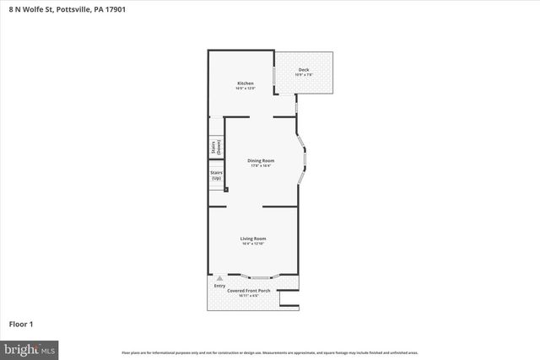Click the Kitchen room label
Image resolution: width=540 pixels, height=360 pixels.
(x=246, y=83)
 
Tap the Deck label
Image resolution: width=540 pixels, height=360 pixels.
(x=304, y=70)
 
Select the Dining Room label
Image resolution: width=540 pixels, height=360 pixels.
(x=260, y=160)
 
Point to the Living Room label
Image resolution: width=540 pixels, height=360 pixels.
(x=253, y=239)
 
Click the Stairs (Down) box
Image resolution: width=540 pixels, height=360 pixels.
(x=216, y=147)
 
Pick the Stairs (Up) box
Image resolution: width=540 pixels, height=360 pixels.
(x=216, y=176)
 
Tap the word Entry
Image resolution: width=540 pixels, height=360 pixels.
(x=219, y=285)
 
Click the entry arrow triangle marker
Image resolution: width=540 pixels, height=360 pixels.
(x=219, y=277)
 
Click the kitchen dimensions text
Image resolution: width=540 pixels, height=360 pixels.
(x=246, y=89)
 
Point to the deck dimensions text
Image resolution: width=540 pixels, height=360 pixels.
(x=304, y=75)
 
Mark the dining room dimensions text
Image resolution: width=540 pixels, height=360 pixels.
(x=260, y=165)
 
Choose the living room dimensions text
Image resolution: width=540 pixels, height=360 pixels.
(x=253, y=244)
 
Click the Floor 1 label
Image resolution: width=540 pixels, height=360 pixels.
(x=21, y=324)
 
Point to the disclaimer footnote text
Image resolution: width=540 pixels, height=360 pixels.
(x=269, y=352)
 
